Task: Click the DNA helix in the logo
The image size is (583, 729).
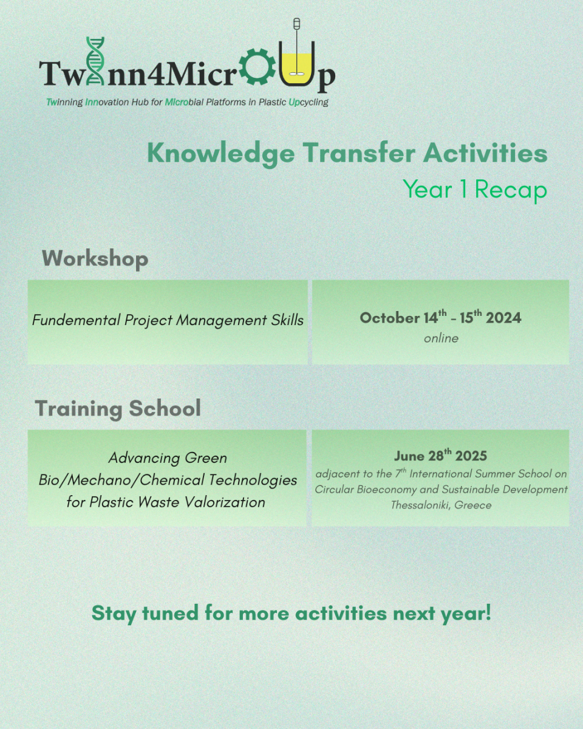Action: [95, 61]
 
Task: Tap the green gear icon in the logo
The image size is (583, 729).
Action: [257, 66]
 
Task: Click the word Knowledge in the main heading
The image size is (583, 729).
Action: [221, 154]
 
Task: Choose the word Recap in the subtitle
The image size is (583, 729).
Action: [511, 190]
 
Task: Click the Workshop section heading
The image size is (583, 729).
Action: [95, 259]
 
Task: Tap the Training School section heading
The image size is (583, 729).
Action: [118, 408]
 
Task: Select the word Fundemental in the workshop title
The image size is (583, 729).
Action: [77, 320]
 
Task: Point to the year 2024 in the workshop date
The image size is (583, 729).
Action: [503, 318]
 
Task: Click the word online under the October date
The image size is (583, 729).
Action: [441, 338]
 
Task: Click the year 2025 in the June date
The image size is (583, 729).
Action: [471, 456]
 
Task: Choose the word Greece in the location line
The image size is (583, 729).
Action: [473, 505]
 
